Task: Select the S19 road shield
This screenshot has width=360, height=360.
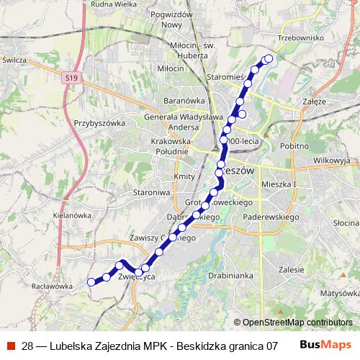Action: point(70,76)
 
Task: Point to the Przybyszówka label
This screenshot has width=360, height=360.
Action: point(99,123)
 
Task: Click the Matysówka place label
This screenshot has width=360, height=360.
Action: point(339,293)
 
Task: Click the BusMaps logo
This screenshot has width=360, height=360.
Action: point(325,345)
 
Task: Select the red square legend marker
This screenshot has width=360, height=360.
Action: point(10,346)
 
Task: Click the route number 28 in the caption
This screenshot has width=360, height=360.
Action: point(28,346)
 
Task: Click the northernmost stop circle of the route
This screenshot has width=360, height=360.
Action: point(269,58)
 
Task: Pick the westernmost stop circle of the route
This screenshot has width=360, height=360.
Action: point(91,282)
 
